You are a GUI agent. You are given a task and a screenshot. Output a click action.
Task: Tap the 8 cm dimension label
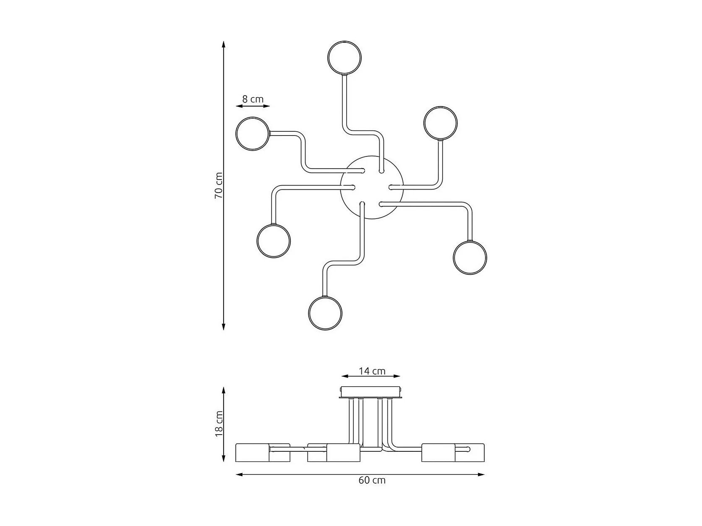(253, 99)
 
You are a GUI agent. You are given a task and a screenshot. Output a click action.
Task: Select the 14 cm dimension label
(372, 371)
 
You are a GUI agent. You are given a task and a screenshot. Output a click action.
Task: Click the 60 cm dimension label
(372, 480)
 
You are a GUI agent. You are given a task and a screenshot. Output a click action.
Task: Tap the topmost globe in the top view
(344, 57)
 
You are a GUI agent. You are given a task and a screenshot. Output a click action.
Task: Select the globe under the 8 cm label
(252, 134)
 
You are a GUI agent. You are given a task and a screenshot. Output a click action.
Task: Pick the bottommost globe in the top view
(325, 313)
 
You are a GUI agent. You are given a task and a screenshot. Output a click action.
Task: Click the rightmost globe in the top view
(470, 257)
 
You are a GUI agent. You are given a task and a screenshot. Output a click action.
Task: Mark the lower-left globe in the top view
(274, 241)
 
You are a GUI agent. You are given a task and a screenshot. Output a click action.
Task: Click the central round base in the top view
(372, 188)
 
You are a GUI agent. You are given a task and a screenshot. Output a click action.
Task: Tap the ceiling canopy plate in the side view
(371, 391)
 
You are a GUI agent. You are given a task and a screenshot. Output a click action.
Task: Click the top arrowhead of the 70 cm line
(224, 44)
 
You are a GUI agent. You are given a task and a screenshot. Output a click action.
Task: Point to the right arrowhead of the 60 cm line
(482, 474)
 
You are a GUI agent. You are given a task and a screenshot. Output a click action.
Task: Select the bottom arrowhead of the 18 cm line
(224, 459)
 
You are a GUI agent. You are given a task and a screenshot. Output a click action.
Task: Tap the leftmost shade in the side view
(253, 453)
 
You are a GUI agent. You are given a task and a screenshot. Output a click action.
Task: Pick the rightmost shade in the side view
(469, 453)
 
